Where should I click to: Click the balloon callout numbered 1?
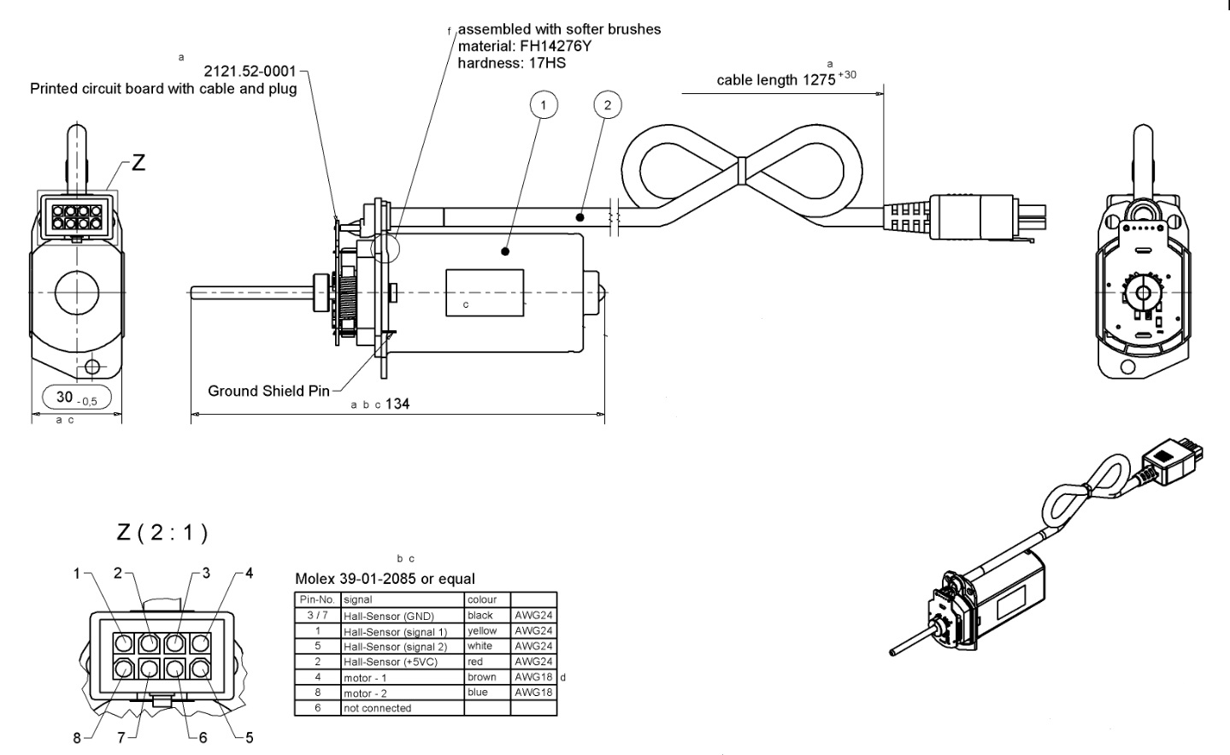[x=544, y=105]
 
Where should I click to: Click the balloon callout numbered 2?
[x=607, y=105]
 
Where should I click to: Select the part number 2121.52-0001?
[x=251, y=72]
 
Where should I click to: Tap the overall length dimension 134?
[x=397, y=404]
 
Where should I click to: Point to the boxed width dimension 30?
[x=76, y=398]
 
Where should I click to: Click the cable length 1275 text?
[x=776, y=80]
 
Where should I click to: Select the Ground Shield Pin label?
[x=268, y=391]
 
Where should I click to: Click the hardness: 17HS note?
[x=511, y=62]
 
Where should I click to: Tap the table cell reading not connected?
[x=377, y=708]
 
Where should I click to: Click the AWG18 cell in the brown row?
[x=533, y=677]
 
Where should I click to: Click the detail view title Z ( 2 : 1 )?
[x=162, y=533]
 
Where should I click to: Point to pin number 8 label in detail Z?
[x=77, y=738]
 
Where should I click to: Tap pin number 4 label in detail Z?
[x=249, y=573]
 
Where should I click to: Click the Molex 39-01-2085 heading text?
[x=385, y=579]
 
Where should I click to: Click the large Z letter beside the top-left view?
[x=137, y=162]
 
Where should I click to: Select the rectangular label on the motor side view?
[x=485, y=292]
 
